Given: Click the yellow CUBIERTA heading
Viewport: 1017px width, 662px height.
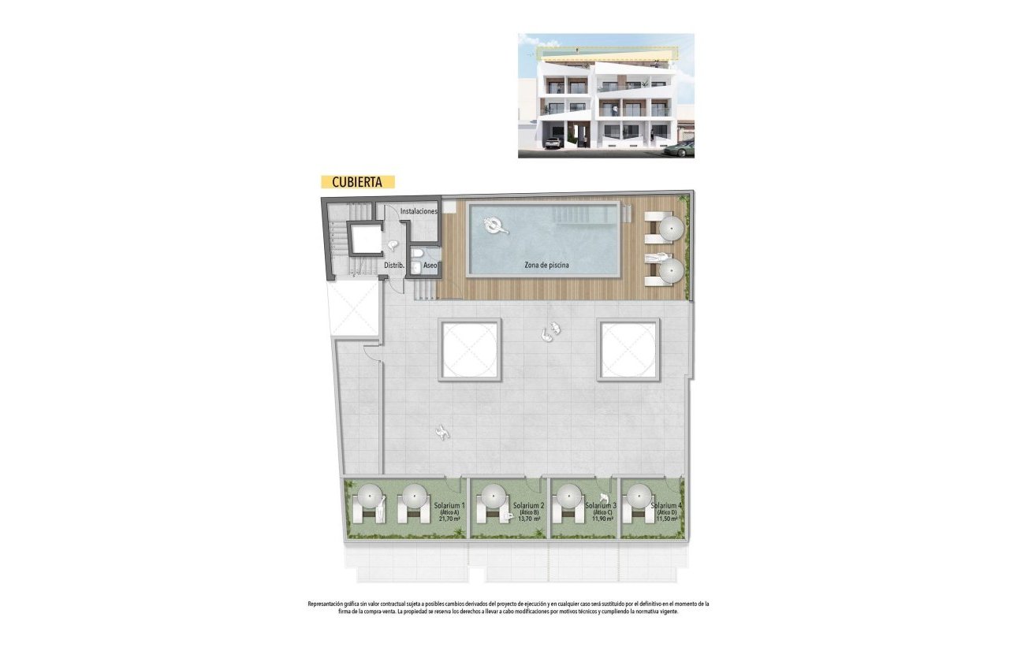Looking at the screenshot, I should pyautogui.click(x=357, y=181).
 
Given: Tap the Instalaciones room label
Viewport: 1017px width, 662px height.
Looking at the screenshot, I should pyautogui.click(x=418, y=212).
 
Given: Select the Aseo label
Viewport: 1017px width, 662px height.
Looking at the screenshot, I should pyautogui.click(x=430, y=266).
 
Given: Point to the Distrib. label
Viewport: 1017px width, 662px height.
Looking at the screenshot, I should pyautogui.click(x=393, y=266).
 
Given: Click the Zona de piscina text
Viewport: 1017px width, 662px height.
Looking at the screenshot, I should pyautogui.click(x=546, y=266).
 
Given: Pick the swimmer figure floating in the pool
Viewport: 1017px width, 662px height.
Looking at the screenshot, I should pyautogui.click(x=496, y=227).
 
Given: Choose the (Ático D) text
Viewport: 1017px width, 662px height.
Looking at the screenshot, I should pyautogui.click(x=668, y=512).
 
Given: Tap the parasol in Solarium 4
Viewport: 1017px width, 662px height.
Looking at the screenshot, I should pyautogui.click(x=638, y=496).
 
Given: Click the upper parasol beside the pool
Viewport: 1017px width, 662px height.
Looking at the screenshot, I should pyautogui.click(x=671, y=228).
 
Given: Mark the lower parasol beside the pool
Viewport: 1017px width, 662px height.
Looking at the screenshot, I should pyautogui.click(x=671, y=272).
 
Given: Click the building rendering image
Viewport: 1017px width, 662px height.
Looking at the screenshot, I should pyautogui.click(x=605, y=95).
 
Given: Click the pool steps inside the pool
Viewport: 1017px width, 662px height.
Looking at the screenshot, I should pyautogui.click(x=580, y=214).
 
